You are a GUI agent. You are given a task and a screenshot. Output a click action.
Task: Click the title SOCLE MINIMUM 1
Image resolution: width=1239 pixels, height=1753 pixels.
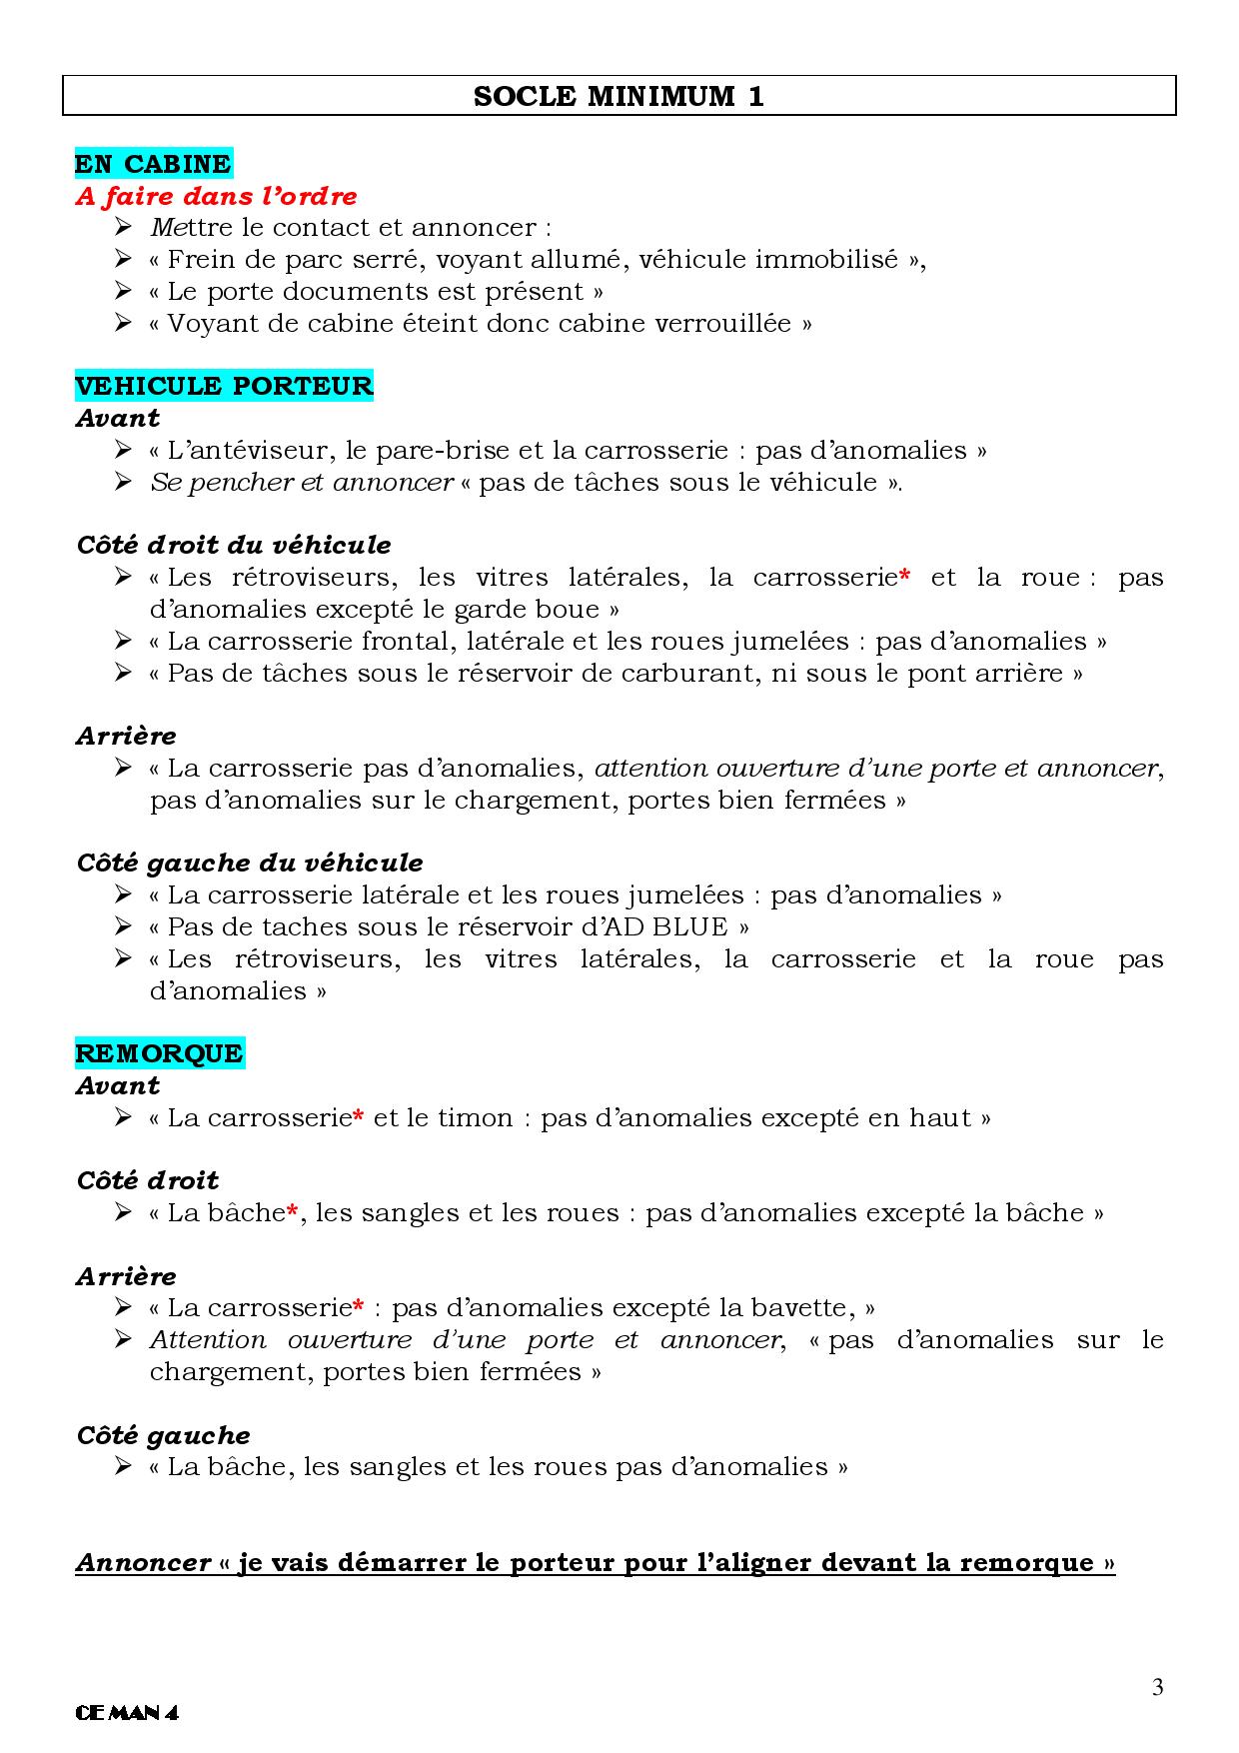[619, 97]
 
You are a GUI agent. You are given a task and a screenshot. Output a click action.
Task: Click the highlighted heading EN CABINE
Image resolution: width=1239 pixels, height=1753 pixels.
[153, 164]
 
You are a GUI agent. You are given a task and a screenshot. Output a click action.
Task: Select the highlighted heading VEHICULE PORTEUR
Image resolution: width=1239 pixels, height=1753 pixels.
[224, 386]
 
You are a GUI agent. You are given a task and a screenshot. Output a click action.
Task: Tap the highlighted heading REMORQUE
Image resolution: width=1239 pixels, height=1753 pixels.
[159, 1053]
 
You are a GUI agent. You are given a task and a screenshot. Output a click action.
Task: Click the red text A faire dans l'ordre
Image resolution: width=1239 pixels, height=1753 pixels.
[216, 196]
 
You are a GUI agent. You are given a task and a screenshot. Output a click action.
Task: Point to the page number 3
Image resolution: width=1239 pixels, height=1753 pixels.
[1157, 1688]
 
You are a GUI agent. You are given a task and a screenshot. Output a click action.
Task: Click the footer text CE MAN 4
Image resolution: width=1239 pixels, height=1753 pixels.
[127, 1712]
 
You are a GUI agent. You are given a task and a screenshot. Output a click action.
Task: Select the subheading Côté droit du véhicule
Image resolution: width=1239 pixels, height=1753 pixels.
[234, 546]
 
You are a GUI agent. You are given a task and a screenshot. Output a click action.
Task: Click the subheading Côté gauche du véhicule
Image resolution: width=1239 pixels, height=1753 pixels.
[250, 863]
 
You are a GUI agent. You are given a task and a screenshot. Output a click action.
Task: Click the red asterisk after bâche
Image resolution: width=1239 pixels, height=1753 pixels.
[293, 1212]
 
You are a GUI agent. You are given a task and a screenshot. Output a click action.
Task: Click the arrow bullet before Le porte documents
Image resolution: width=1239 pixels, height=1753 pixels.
[123, 292]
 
